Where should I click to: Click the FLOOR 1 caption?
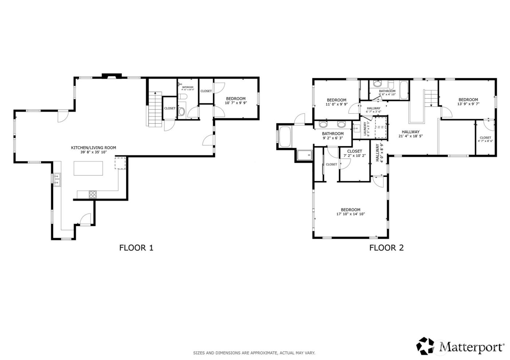tap(136, 248)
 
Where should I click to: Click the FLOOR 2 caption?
tap(387, 248)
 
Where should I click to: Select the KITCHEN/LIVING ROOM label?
tap(93, 148)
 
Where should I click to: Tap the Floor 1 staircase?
tap(154, 109)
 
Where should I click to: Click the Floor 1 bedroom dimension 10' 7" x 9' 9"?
tap(236, 103)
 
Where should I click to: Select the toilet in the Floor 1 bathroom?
tap(183, 96)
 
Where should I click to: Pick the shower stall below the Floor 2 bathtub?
tap(305, 155)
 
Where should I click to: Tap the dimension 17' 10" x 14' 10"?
tap(350, 214)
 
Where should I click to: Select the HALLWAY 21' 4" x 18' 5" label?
tap(411, 134)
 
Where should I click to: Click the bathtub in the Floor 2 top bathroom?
tap(404, 90)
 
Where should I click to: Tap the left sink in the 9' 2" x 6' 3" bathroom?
tap(323, 125)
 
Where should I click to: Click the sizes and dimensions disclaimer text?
tap(254, 353)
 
